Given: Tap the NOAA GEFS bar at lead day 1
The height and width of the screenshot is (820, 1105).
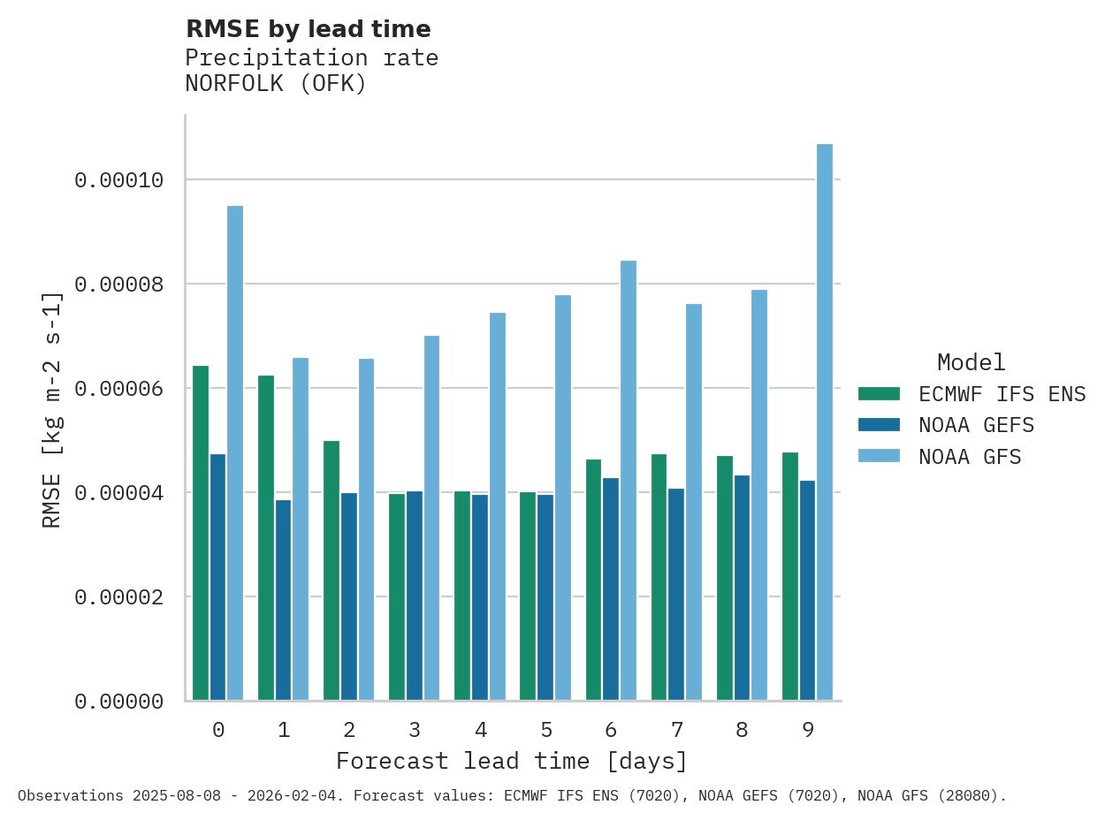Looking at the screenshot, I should point(283,600).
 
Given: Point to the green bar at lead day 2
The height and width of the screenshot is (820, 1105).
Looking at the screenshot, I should point(331,571).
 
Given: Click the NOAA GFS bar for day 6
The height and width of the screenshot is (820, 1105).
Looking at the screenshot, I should point(629,481).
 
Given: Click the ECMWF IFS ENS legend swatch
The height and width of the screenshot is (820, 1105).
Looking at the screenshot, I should point(879,393).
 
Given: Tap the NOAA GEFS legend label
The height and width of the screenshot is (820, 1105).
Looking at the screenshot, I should point(976,425).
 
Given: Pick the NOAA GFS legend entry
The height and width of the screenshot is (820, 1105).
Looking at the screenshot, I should point(970,457).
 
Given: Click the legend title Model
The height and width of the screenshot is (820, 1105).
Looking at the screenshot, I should point(972,362).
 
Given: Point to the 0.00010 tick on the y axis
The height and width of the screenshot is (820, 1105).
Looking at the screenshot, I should point(119,180).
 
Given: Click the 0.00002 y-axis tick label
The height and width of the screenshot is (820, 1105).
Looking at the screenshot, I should point(119,597).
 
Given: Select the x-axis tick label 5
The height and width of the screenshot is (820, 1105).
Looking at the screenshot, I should point(546,730).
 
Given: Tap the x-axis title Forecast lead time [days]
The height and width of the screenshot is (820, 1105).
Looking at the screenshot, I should point(512,761).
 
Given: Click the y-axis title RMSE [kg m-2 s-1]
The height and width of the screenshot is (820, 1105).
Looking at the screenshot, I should point(52,409).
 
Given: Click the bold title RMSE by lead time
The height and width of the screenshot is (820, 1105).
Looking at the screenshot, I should point(309,29).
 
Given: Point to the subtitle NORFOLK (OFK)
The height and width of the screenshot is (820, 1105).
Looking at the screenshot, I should point(276,84).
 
